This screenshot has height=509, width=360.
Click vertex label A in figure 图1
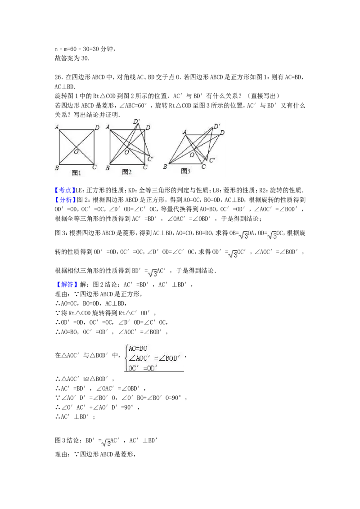click(57, 127)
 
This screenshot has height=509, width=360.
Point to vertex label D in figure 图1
click(97, 128)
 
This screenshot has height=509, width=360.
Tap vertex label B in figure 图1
click(57, 168)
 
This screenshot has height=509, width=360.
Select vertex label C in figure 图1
click(94, 168)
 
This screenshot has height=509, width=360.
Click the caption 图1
click(76, 173)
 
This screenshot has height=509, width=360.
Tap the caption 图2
click(126, 172)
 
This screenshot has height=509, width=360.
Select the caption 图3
click(185, 171)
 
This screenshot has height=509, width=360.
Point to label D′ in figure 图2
click(136, 121)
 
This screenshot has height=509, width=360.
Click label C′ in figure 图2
click(150, 159)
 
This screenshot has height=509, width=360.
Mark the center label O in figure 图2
click(126, 152)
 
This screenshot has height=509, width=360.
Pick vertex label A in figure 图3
click(184, 132)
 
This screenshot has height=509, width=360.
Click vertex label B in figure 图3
click(165, 167)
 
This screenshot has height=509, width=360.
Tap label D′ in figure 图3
click(217, 126)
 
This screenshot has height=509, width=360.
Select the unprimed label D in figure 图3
click(222, 133)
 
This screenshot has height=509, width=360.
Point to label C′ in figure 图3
click(212, 160)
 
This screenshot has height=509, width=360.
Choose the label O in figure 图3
click(192, 155)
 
